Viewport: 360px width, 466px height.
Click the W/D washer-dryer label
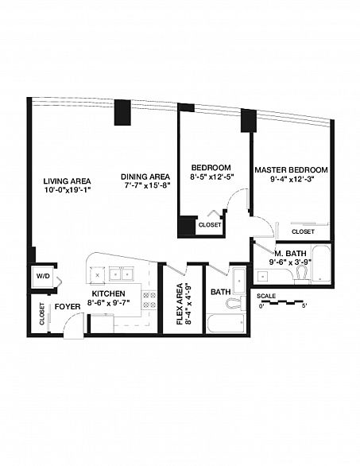(x=44, y=276)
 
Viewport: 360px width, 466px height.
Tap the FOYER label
(x=68, y=307)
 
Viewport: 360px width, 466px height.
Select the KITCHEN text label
(x=108, y=293)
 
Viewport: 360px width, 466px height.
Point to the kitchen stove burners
(x=149, y=300)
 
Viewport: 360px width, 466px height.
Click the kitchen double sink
(x=122, y=274)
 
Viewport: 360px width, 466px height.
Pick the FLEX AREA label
(x=180, y=304)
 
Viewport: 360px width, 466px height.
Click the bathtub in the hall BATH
(x=226, y=324)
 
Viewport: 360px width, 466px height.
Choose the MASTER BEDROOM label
(x=292, y=170)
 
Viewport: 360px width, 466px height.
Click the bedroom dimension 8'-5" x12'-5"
(x=212, y=177)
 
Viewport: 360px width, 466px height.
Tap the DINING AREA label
(x=145, y=177)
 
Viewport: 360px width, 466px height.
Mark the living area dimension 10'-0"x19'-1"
(x=67, y=190)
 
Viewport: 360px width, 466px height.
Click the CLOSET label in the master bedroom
(x=303, y=231)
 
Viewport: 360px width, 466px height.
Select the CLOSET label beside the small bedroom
(x=210, y=225)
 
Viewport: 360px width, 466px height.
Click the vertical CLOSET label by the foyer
(x=42, y=314)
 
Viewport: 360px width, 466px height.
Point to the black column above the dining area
(x=122, y=112)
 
